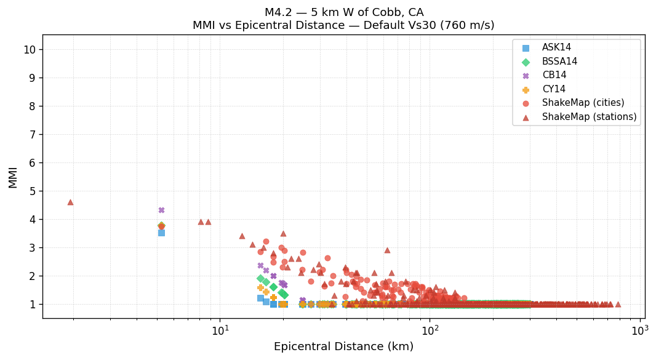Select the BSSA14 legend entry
point(559,62)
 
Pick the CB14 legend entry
point(554,76)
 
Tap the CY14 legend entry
point(554,89)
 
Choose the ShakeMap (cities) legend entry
point(583,103)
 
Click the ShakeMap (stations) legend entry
point(589,117)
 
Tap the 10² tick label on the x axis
point(430,330)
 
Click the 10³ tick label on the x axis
point(639,330)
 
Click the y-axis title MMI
point(13,177)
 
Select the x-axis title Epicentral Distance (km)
point(343,347)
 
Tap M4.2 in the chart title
point(278,12)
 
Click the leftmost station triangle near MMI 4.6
point(70,202)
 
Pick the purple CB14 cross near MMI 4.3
point(161,210)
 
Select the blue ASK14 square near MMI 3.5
point(161,233)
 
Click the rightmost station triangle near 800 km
point(618,304)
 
